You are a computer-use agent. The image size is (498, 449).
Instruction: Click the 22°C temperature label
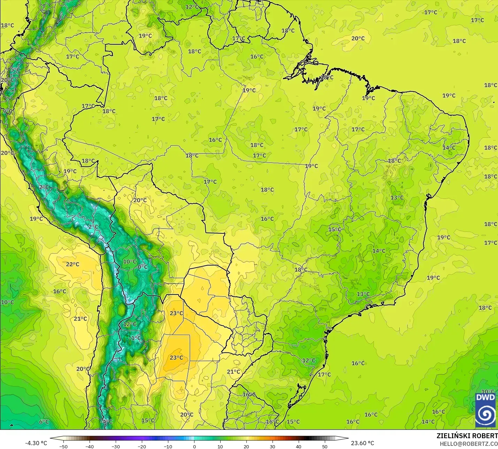tap(72, 264)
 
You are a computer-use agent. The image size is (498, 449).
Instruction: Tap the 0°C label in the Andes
tap(143, 267)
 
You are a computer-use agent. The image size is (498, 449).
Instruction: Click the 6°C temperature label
tap(44, 421)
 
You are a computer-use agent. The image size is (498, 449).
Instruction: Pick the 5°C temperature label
tap(15, 70)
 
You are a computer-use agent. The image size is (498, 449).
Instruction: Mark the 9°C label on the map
tap(7, 111)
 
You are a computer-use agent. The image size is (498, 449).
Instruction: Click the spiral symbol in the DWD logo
tap(485, 414)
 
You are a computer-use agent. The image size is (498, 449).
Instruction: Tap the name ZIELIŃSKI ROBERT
tap(467, 436)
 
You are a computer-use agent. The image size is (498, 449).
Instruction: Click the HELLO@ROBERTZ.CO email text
tap(468, 444)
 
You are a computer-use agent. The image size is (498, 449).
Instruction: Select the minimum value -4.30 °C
tap(36, 443)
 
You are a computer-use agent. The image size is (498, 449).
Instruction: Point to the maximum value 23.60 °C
tap(362, 443)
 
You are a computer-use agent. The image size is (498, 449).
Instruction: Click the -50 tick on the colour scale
tap(63, 446)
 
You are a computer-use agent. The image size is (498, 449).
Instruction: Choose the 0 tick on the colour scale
tap(194, 446)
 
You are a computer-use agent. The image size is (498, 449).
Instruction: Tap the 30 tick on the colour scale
tap(273, 446)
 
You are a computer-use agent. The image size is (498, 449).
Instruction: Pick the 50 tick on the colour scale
tap(325, 446)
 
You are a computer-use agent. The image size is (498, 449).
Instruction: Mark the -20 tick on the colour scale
tap(141, 446)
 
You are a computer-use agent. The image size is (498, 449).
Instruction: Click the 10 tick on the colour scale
tap(220, 446)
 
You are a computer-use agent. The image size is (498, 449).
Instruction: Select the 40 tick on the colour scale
tap(299, 446)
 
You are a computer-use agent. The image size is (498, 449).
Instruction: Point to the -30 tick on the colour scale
tap(115, 446)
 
